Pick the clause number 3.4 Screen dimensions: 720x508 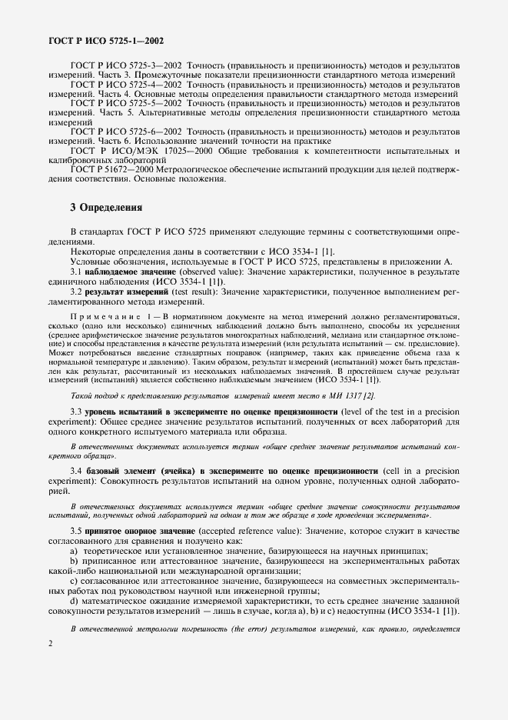coord(76,470)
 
